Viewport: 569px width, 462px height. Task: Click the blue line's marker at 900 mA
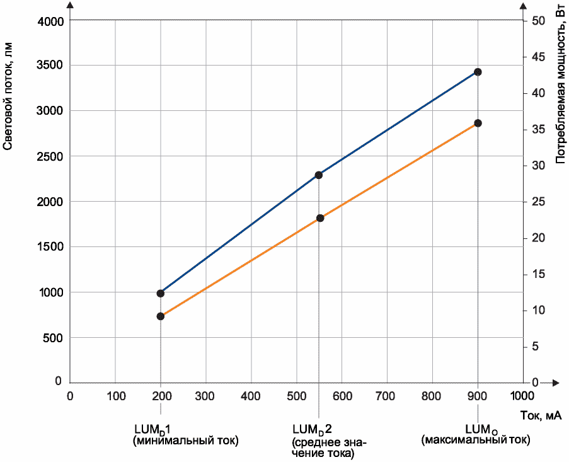478,72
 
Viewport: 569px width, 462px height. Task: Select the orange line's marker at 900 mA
478,123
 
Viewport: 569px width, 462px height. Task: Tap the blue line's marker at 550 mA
319,175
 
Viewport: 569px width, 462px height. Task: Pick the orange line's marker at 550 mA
320,218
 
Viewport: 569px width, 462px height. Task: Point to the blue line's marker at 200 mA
161,293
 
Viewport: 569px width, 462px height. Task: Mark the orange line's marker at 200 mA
161,316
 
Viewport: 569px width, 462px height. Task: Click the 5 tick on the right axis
535,347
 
